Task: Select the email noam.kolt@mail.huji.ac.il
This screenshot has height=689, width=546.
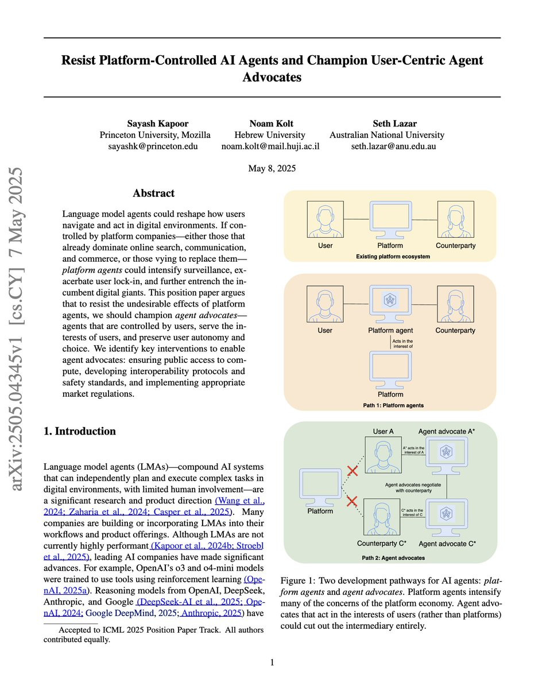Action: [270, 146]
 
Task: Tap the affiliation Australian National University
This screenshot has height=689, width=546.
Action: [386, 135]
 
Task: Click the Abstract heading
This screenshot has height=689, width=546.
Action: [153, 193]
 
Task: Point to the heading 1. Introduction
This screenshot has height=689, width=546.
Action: [80, 431]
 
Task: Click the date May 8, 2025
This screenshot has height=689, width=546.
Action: [273, 168]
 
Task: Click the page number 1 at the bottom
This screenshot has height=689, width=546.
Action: [273, 663]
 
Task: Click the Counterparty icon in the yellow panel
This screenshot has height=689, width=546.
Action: [455, 219]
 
